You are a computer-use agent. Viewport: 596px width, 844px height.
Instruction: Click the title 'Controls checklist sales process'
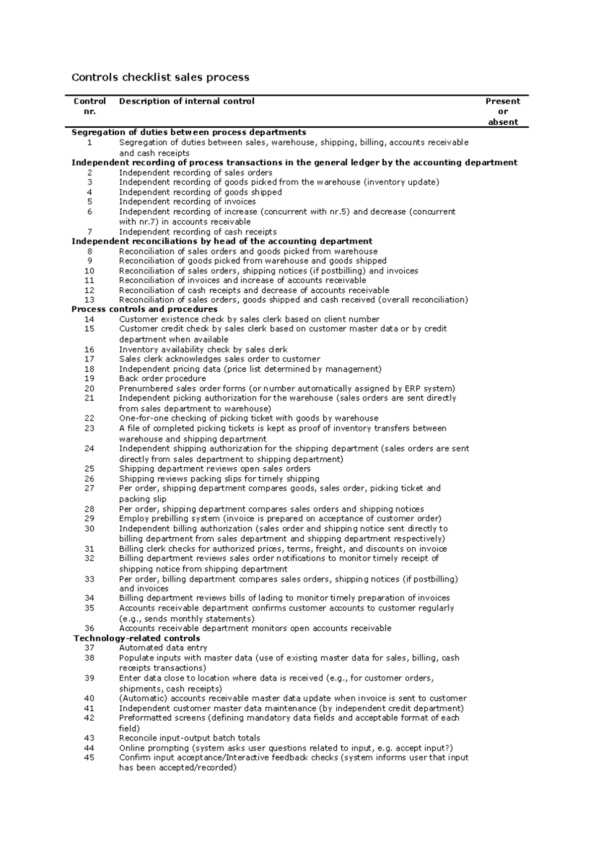[160, 78]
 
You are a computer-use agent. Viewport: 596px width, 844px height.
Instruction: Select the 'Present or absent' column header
[503, 111]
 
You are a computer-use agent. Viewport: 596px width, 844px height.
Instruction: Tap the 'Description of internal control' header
[187, 101]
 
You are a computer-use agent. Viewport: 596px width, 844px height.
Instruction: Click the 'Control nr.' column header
[89, 106]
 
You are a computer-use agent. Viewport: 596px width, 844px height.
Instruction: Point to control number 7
[89, 232]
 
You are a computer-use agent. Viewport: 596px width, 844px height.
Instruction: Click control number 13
[89, 300]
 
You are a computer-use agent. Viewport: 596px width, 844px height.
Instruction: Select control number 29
[89, 518]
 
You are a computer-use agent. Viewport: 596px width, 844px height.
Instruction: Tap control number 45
[89, 758]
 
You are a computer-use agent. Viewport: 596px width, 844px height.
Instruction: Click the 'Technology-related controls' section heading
[137, 638]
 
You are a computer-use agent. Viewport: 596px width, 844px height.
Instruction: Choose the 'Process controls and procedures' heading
[145, 309]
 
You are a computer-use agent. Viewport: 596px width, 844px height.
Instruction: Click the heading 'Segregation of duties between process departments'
[189, 132]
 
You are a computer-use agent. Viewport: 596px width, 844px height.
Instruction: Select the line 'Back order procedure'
[162, 378]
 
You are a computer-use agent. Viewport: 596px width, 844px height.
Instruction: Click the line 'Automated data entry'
[163, 648]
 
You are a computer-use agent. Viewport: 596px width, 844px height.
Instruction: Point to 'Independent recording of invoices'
[187, 201]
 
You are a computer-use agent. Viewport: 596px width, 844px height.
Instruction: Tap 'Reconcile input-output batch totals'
[189, 738]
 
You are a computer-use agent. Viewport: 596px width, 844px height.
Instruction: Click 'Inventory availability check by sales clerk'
[203, 349]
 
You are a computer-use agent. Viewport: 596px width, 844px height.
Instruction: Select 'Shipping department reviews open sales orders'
[215, 469]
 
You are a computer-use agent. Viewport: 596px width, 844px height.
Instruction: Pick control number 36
[89, 628]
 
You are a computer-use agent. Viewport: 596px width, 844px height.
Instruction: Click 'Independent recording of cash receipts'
[198, 232]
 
